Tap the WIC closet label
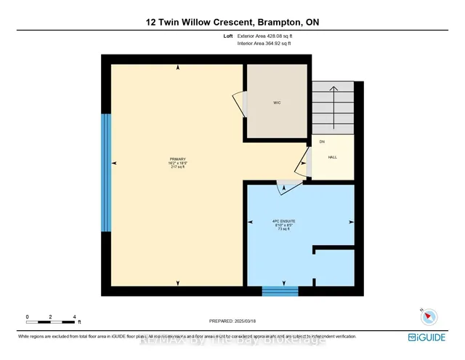click(x=277, y=103)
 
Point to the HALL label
click(x=332, y=156)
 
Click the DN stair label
click(x=321, y=142)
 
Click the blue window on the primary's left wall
click(x=106, y=172)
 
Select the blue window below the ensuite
click(x=280, y=292)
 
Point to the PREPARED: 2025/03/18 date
click(x=232, y=320)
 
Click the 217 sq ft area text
click(x=178, y=167)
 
